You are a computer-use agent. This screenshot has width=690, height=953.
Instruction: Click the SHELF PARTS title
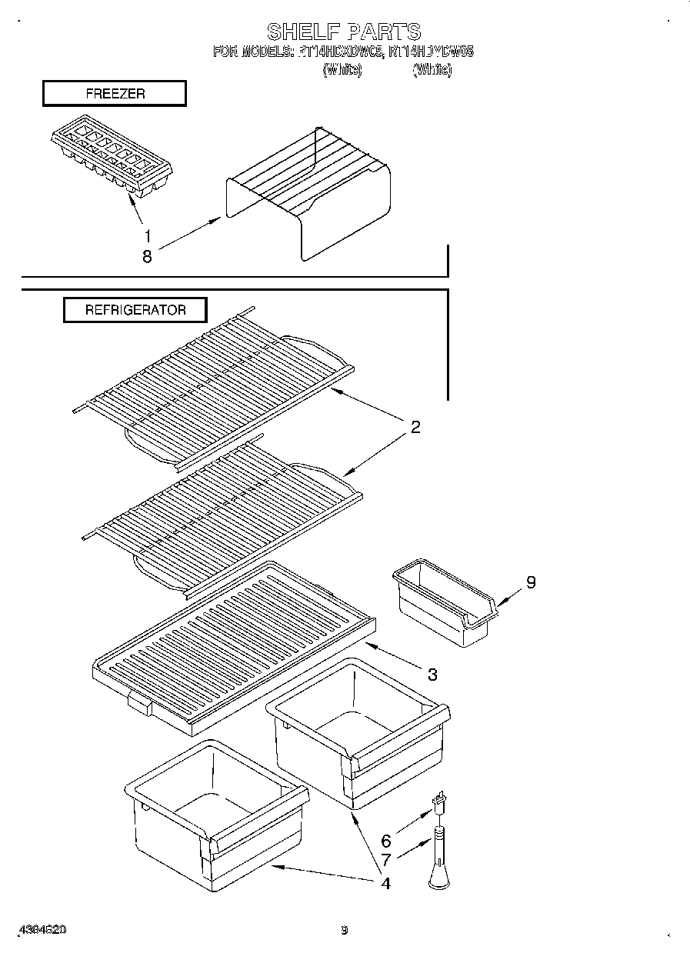coord(344,32)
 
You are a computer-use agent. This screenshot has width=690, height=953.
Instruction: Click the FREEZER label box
coord(115,94)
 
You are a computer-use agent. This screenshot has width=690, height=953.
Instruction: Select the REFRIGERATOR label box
coord(135,310)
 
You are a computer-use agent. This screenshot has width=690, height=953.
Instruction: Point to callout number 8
coord(147,257)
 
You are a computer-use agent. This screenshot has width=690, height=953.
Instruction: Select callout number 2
coord(415,427)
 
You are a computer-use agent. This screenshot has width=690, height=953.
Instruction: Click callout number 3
coord(432,674)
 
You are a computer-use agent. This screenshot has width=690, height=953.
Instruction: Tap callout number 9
coord(530,582)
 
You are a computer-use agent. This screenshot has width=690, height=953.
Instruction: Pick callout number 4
coord(385,883)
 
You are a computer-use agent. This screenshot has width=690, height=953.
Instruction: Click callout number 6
coord(386,841)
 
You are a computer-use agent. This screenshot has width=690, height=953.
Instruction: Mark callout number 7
coord(386,861)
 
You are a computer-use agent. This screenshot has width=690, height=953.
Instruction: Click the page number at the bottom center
coord(345,930)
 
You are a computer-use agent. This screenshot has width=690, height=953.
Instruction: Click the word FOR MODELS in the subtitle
coord(251,52)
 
